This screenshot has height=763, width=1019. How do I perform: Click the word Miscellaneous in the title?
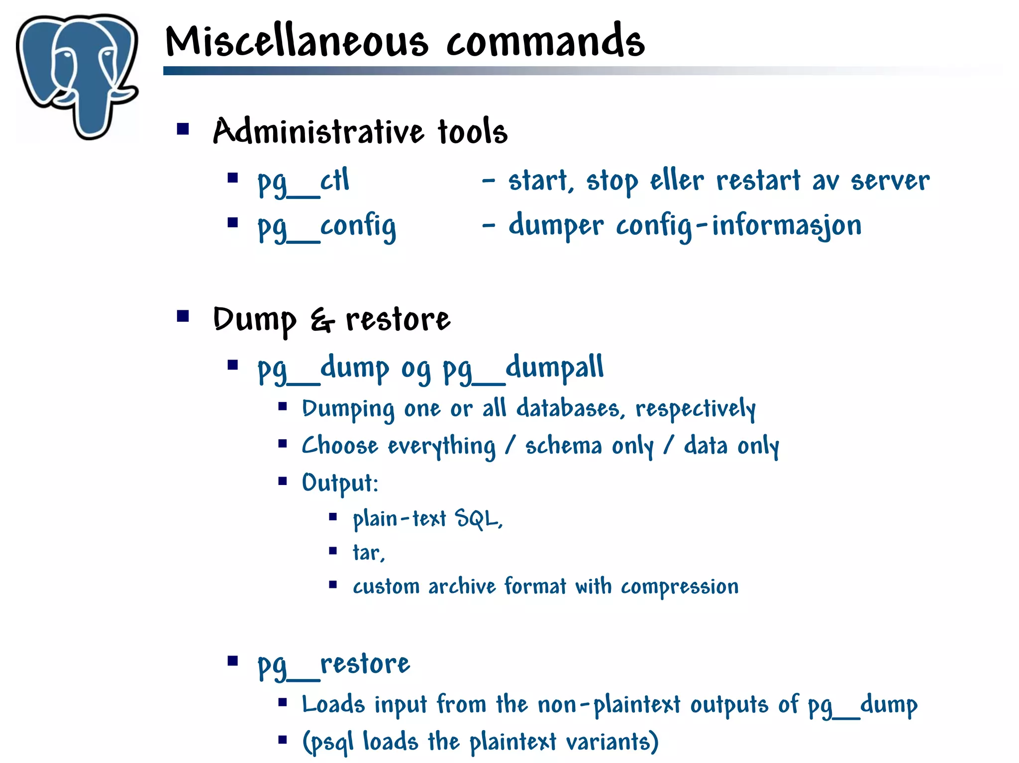coord(297,42)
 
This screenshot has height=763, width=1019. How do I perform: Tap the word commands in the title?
coord(545,42)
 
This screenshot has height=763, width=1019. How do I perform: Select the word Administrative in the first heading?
coord(318,132)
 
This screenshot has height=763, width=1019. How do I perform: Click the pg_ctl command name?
coord(304,182)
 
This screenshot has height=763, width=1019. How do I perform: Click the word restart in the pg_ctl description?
coord(758,181)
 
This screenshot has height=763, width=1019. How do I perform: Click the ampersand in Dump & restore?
coord(322,320)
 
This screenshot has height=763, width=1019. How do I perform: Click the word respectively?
coord(696,409)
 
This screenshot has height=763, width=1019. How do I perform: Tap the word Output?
coord(340,483)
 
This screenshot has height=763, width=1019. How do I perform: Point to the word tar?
coord(367,553)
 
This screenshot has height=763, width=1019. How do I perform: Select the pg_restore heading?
coord(334,665)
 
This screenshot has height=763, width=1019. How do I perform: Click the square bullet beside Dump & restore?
coord(183,316)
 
